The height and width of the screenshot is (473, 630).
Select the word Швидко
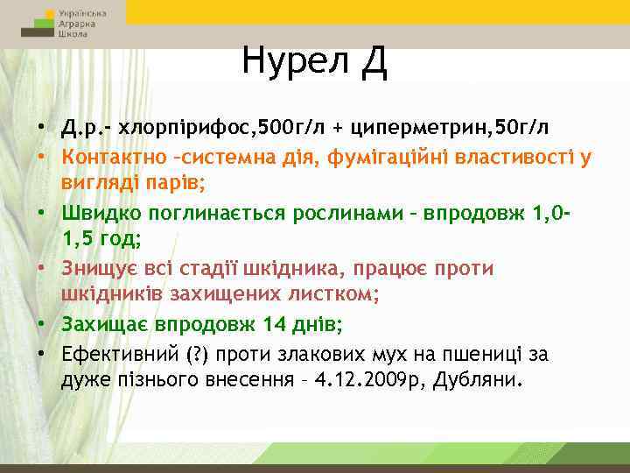coord(96,214)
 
